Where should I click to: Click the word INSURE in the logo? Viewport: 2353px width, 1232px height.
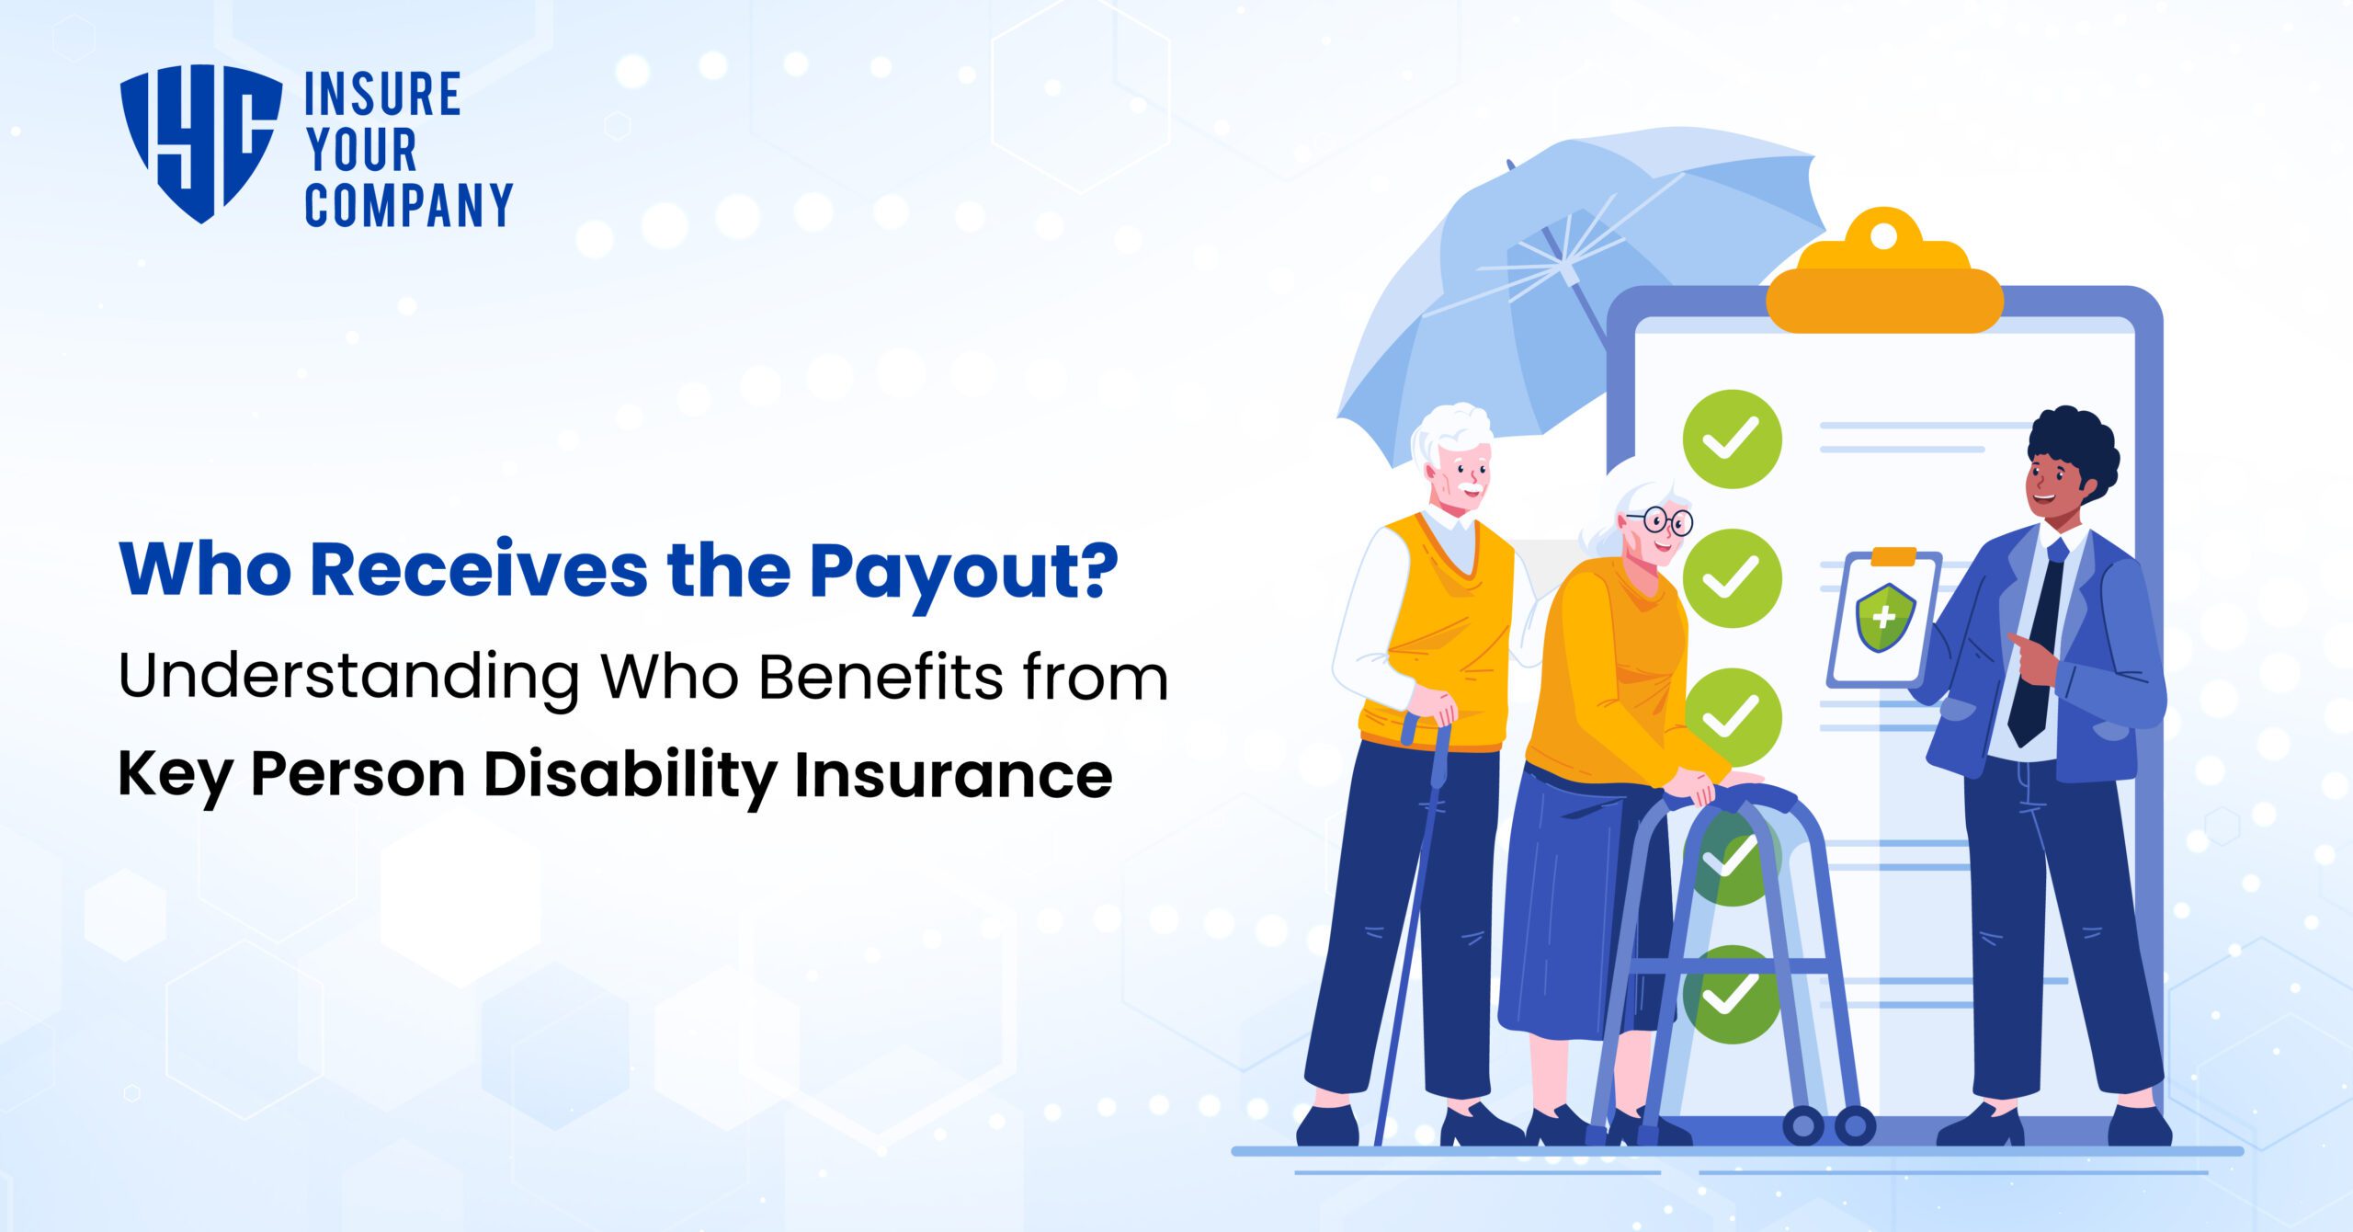381,95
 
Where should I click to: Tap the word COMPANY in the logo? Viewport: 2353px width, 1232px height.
408,205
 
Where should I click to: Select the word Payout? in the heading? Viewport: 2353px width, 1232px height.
963,572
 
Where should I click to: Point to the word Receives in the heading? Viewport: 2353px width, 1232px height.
479,570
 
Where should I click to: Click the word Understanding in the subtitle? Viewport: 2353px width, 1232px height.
348,678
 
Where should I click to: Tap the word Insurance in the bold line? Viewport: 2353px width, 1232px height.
953,775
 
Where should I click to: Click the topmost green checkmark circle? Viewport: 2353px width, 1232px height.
1732,439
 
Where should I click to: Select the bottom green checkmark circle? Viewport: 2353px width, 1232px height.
1732,995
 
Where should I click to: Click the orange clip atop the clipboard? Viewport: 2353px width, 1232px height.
1884,276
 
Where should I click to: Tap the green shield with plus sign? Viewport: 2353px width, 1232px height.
1884,617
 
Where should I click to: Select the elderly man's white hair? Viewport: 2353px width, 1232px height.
1452,432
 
